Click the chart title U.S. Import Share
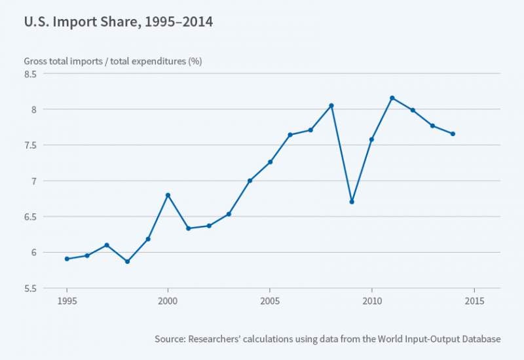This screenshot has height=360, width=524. [x=119, y=22]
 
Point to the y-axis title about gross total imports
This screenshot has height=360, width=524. [x=112, y=61]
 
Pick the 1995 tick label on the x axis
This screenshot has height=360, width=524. [x=67, y=301]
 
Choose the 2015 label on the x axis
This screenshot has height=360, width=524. [x=474, y=301]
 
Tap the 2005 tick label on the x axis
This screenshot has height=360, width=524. [x=270, y=301]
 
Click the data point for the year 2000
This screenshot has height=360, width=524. [x=168, y=195]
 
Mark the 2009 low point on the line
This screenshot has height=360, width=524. [x=352, y=202]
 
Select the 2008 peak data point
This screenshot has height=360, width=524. [x=331, y=105]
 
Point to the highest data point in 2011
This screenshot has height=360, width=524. [x=392, y=98]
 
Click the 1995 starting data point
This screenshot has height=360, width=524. [x=67, y=259]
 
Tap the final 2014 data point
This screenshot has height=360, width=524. [x=453, y=134]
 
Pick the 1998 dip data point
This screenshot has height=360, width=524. [x=128, y=261]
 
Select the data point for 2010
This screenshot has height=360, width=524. [x=372, y=139]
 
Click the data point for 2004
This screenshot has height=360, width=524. [x=250, y=181]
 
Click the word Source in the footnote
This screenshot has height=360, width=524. [x=170, y=339]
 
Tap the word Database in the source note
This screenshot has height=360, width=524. [x=477, y=339]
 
